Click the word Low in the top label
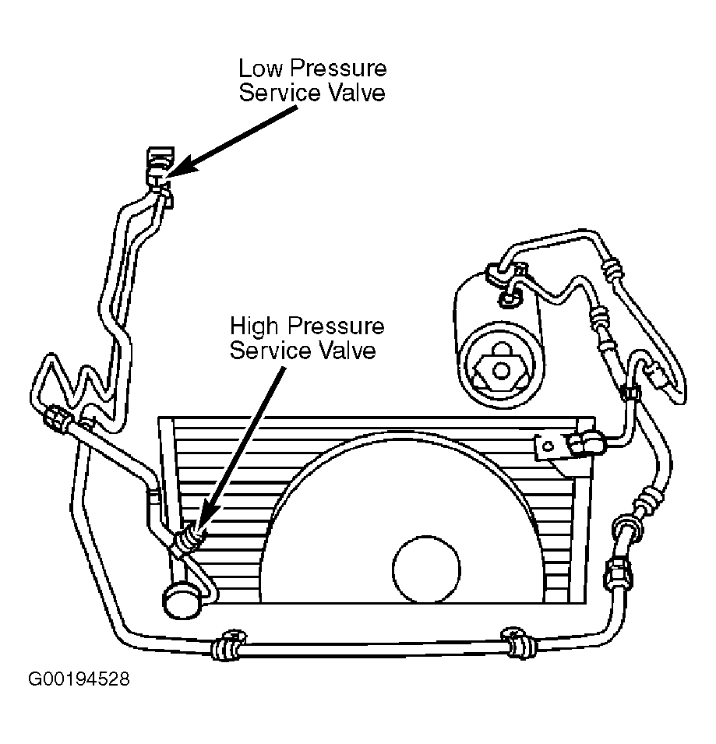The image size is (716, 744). point(262,69)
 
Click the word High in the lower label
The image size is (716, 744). point(254,327)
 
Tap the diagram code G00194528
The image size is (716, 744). point(79,679)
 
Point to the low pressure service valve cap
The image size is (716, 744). point(160,156)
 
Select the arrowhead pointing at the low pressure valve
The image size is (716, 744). point(182,166)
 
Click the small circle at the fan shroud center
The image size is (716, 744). point(426,569)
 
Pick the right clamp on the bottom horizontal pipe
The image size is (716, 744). point(520,643)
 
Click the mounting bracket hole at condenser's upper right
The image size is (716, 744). point(548,446)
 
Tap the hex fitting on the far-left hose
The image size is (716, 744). point(58,418)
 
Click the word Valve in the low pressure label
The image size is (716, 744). point(357,93)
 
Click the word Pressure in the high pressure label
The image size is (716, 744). point(336,326)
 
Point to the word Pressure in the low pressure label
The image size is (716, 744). point(338,69)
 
